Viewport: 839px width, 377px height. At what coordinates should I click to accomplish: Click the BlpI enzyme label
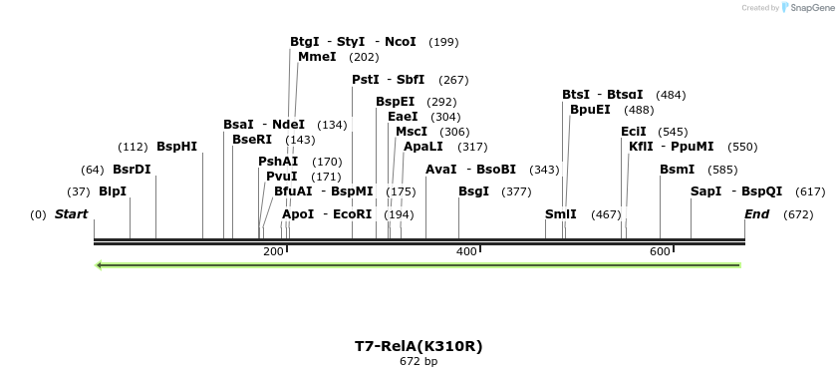click(x=113, y=191)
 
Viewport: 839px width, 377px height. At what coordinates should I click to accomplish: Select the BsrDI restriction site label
click(x=132, y=170)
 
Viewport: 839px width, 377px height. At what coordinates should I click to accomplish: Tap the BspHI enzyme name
click(x=177, y=147)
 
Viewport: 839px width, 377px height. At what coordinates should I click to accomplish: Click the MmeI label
click(x=317, y=57)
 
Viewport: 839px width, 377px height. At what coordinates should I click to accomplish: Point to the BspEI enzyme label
click(x=395, y=102)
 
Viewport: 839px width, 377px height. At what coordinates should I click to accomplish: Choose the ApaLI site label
click(x=423, y=147)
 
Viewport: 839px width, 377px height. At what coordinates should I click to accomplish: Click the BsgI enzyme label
click(x=473, y=191)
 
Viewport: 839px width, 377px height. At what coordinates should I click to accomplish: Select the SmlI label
click(x=560, y=214)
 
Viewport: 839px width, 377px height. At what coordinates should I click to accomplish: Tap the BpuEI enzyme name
click(x=590, y=110)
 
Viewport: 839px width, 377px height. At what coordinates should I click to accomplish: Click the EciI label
click(x=634, y=132)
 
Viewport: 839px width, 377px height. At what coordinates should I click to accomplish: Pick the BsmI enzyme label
click(x=677, y=170)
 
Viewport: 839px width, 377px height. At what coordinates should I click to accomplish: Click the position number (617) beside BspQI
click(x=810, y=191)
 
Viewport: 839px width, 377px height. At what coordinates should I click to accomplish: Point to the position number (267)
click(x=453, y=80)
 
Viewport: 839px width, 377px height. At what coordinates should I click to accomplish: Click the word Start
click(x=71, y=214)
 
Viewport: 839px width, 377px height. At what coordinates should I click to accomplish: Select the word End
click(x=757, y=214)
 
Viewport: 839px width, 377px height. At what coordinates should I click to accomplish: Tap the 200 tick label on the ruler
click(x=273, y=251)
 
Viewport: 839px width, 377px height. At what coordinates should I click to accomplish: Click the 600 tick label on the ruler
click(x=660, y=251)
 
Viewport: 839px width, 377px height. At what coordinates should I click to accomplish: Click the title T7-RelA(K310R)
click(x=419, y=346)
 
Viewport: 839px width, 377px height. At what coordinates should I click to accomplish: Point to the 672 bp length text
click(x=419, y=362)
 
